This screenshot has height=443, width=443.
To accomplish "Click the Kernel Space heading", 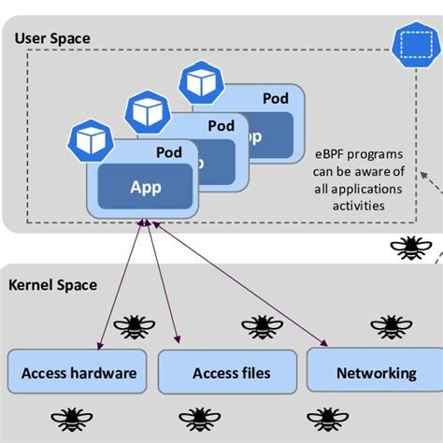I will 52,284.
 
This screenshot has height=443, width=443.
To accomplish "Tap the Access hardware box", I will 79,373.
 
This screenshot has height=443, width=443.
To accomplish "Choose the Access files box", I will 231,373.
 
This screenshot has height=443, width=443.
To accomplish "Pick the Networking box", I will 376,372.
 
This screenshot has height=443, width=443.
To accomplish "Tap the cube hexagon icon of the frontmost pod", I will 89,140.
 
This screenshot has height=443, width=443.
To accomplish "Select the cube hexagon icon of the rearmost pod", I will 198,81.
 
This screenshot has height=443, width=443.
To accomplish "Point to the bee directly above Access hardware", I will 134,327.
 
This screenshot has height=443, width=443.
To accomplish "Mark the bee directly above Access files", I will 262,327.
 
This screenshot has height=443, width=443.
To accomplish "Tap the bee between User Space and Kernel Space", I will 408,248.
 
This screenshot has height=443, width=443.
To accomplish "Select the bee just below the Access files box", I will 198,418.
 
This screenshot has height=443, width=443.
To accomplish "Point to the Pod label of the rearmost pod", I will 275,97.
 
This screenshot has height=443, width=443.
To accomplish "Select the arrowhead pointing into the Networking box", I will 326,345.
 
